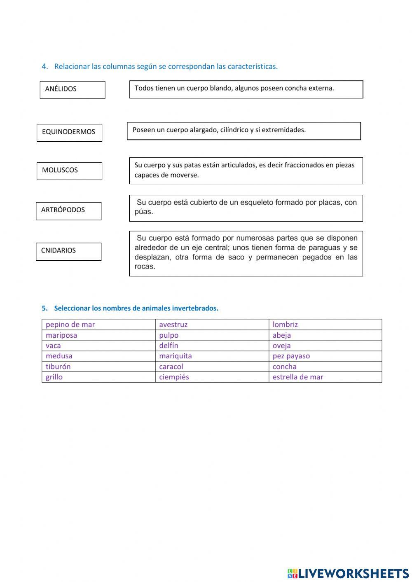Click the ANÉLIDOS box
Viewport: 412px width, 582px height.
pyautogui.click(x=73, y=89)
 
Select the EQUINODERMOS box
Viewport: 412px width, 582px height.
pyautogui.click(x=69, y=133)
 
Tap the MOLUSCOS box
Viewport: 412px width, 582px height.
pyautogui.click(x=69, y=171)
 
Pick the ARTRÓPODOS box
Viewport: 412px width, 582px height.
pyautogui.click(x=68, y=210)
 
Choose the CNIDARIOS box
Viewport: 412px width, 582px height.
pyautogui.click(x=68, y=251)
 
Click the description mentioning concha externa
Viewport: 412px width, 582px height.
pyautogui.click(x=246, y=89)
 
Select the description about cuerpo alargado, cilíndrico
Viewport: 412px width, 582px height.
pyautogui.click(x=243, y=131)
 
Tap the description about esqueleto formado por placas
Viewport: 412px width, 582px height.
pyautogui.click(x=246, y=208)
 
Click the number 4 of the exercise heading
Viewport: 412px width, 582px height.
pyautogui.click(x=44, y=66)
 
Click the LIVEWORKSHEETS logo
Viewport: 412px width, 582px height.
pyautogui.click(x=348, y=573)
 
